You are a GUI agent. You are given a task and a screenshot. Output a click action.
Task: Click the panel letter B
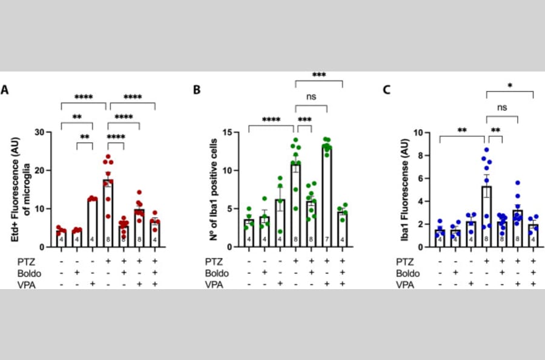pyautogui.click(x=196, y=90)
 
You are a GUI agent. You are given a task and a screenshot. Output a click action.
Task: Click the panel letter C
pyautogui.click(x=388, y=90)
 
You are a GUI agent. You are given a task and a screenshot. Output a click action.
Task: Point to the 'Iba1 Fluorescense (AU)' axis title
pyautogui.click(x=405, y=188)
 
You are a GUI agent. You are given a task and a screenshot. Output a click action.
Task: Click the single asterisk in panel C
pyautogui.click(x=510, y=86)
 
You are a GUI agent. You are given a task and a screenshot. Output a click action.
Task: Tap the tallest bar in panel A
pyautogui.click(x=108, y=212)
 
